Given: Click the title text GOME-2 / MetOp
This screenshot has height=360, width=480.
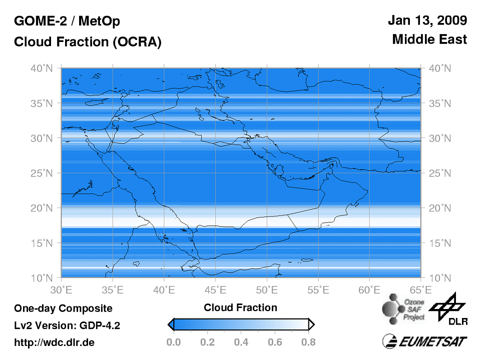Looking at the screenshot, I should pyautogui.click(x=67, y=21).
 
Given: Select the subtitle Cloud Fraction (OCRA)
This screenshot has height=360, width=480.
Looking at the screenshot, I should pyautogui.click(x=88, y=42).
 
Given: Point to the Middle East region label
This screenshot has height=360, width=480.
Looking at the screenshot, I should pyautogui.click(x=429, y=39).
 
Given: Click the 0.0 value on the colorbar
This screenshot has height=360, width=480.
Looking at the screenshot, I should pyautogui.click(x=173, y=342).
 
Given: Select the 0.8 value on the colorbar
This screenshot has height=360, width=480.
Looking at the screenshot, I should pyautogui.click(x=309, y=342).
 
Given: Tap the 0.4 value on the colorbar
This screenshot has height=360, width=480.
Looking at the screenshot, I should pyautogui.click(x=241, y=342).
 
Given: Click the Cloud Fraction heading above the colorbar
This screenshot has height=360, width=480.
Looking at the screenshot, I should pyautogui.click(x=240, y=307).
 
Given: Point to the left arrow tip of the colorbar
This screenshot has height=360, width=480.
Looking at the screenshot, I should pyautogui.click(x=169, y=325).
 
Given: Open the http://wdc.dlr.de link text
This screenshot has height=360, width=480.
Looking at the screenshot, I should pyautogui.click(x=54, y=342).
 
